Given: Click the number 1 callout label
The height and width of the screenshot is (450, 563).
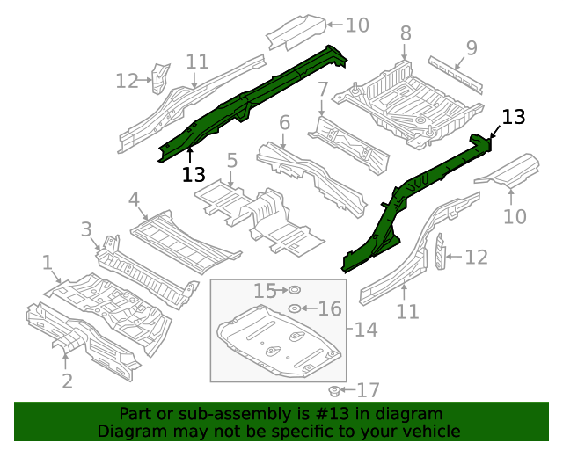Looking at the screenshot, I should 47,262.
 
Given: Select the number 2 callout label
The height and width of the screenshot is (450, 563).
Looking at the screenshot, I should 67,381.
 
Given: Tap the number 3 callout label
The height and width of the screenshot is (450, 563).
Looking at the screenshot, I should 86,230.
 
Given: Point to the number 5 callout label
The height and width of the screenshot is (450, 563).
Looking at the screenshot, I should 231,161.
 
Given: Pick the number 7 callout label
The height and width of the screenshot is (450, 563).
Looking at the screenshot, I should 323,89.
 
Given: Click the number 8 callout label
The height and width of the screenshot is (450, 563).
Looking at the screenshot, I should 406,33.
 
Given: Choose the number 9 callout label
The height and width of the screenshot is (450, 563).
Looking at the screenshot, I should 472,47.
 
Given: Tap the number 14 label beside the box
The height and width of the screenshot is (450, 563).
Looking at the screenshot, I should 365,330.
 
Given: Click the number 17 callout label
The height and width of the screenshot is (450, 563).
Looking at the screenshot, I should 368,389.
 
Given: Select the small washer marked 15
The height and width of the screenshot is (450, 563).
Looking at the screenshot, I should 295,289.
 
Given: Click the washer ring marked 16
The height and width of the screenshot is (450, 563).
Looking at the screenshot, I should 294,308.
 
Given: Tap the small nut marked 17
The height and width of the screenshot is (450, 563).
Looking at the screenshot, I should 334,389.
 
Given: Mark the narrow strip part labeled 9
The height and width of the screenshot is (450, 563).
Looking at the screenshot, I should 456,75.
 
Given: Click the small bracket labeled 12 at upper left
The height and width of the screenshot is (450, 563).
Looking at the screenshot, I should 157,77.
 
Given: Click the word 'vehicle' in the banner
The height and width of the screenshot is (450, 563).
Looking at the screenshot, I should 429,432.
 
